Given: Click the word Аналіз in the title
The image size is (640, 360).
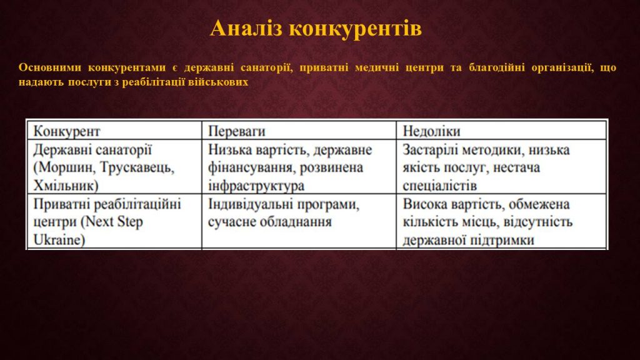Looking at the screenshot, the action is pos(246,29).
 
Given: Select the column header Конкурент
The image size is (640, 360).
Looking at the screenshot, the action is pos(66,131).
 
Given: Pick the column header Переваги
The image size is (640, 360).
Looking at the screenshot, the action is pos(237,131).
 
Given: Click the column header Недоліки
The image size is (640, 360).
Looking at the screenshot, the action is pos(431,131).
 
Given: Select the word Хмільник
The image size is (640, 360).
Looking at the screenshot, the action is pos(66,186).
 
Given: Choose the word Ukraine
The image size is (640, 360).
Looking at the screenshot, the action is pos(59,240).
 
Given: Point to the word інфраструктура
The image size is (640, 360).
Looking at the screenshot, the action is pos(256,186).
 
